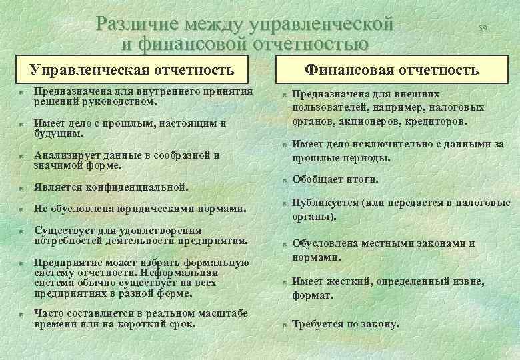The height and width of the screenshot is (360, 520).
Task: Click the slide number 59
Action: [x=483, y=27]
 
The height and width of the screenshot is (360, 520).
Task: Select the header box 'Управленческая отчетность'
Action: [x=133, y=69]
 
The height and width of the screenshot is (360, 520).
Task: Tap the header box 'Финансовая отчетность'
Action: [x=392, y=69]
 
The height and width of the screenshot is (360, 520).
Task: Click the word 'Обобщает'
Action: [x=315, y=180]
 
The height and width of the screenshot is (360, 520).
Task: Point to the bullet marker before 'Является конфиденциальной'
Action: [x=21, y=188]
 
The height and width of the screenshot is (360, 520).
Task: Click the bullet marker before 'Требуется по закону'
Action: [x=283, y=325]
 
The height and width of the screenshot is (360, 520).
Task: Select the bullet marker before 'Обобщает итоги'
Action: [x=283, y=181]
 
